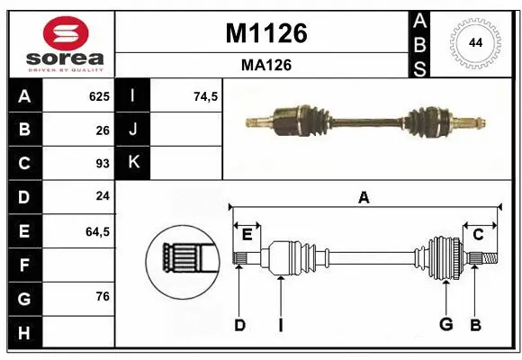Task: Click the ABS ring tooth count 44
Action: coord(474,43)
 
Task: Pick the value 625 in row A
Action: coord(98,96)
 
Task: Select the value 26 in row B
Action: coord(102,130)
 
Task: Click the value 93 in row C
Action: coord(102,164)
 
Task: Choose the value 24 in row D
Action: coord(102,197)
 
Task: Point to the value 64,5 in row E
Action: coord(96,231)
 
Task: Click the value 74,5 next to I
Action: coord(207,96)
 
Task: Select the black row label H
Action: coord(23,333)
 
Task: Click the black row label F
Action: coord(23,265)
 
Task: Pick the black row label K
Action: coord(133,164)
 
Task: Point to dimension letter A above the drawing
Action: coord(364,198)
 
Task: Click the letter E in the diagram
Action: coord(247,234)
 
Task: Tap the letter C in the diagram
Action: coord(478,234)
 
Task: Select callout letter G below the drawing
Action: coord(445,325)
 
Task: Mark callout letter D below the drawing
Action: coord(239,325)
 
